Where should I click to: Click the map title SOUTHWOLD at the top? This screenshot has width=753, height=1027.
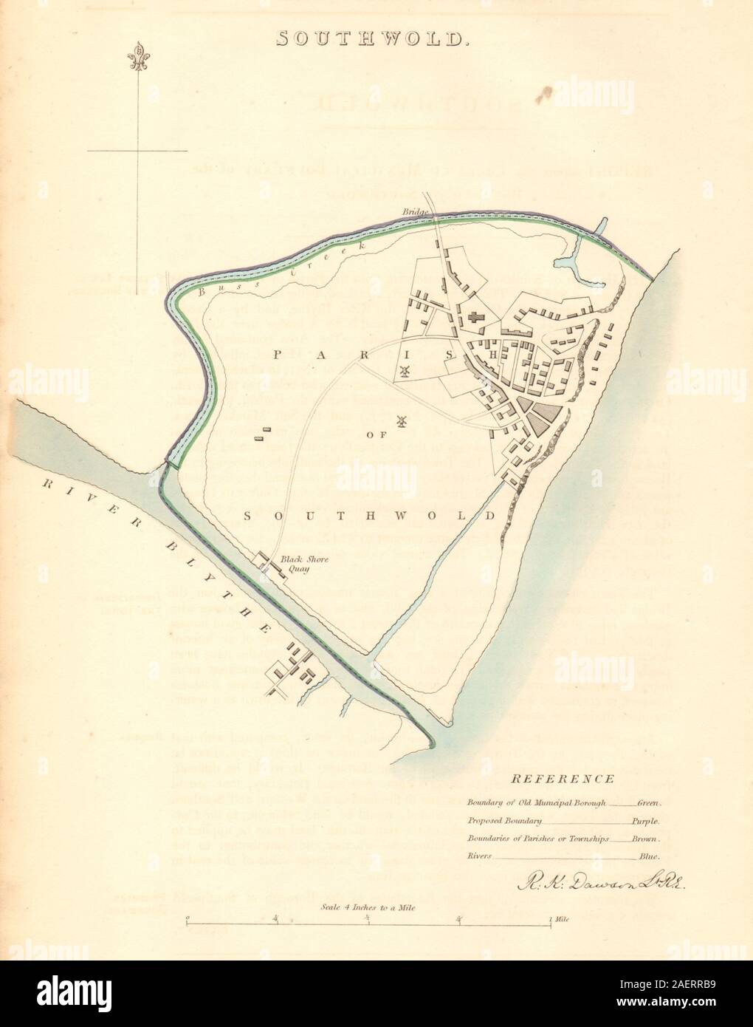[373, 38]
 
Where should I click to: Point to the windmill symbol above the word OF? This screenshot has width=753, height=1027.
[402, 422]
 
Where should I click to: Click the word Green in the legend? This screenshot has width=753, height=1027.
[650, 802]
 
